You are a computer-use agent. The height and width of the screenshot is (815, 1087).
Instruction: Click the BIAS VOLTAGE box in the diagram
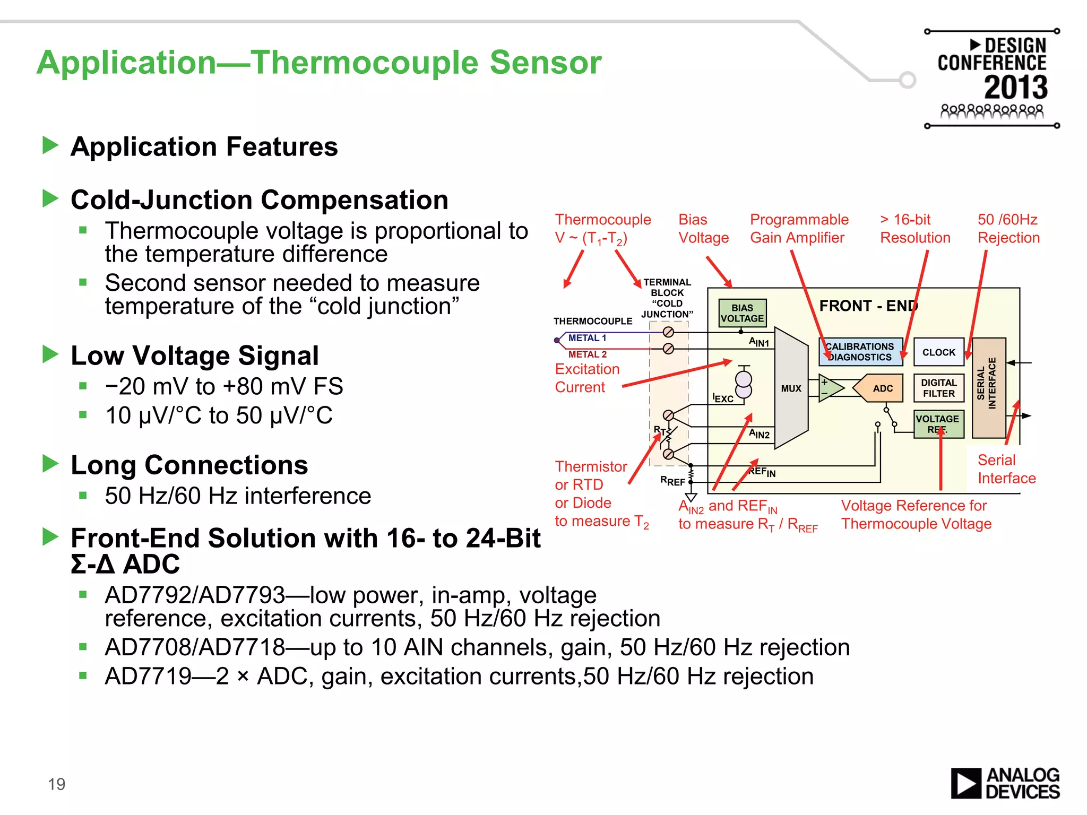742,313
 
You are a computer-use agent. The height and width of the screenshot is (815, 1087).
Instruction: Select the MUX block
791,388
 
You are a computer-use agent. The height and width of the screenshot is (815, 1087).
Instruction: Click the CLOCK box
938,352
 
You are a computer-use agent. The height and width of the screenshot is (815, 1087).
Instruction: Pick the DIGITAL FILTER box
938,388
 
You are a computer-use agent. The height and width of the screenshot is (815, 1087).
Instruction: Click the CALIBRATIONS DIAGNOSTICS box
860,352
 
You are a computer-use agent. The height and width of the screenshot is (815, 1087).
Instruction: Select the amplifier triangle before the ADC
830,388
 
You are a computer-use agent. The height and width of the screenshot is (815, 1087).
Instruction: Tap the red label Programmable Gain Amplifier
799,229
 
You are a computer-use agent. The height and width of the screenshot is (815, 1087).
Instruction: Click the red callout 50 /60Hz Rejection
1008,229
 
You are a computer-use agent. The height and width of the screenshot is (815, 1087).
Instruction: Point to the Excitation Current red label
587,378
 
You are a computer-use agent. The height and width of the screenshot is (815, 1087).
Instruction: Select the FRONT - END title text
868,306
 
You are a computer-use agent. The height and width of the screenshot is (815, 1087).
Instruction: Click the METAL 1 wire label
586,338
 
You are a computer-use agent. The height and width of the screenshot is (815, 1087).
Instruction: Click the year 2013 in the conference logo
1015,88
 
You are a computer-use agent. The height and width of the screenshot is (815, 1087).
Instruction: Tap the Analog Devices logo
1005,783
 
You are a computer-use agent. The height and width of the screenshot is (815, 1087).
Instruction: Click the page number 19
56,784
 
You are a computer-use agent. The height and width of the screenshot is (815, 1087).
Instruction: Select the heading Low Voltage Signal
195,356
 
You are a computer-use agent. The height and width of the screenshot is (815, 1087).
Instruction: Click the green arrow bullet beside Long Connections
50,463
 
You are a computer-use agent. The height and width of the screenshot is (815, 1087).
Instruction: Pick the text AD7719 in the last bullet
148,677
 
